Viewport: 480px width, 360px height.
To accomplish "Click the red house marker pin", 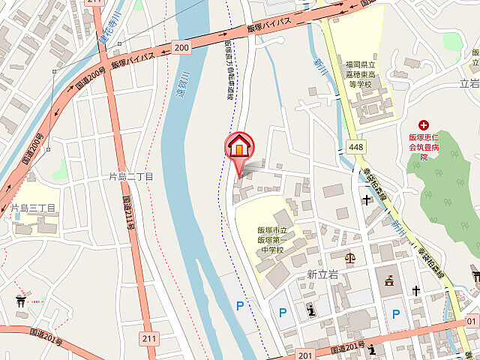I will point(238,145).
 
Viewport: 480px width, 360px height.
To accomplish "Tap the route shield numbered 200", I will point(181,48).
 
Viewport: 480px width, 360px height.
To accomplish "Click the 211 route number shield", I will point(150,338).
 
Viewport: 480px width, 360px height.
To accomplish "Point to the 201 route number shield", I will point(304,354).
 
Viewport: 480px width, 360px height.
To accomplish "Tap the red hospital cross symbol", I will point(424,124).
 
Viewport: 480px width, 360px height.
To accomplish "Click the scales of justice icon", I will point(349,257).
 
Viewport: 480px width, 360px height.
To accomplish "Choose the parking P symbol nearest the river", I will point(240,306).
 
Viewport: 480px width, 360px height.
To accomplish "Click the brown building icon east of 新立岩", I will point(388,282).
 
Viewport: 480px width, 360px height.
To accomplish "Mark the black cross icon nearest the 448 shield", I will point(367,199).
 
